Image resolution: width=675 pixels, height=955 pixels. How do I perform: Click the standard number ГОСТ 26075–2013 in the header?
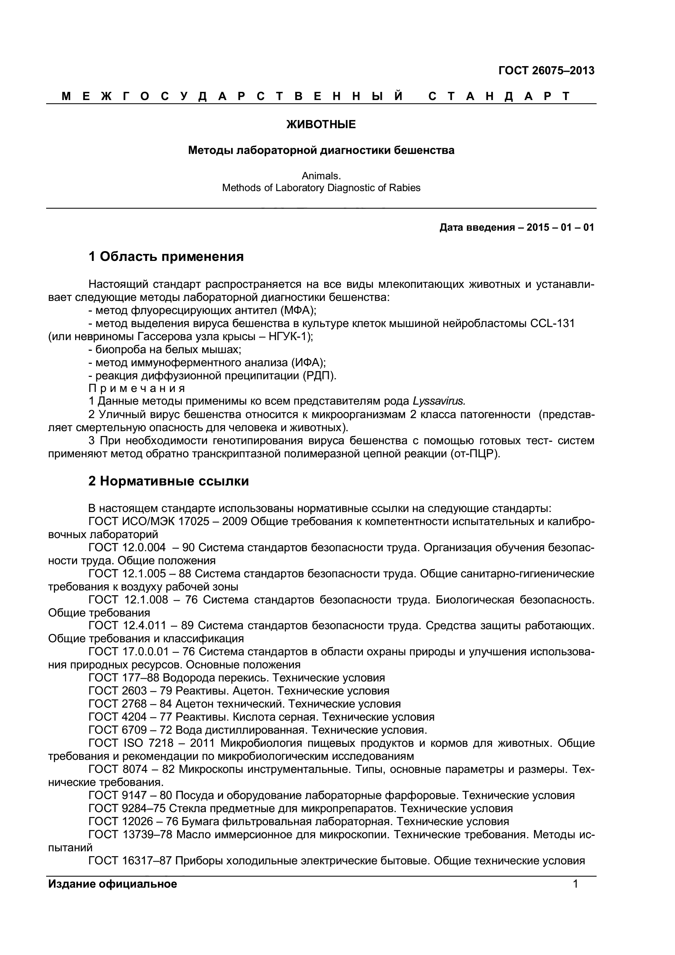click(x=546, y=71)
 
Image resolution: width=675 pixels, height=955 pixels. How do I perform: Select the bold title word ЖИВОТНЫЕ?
click(x=321, y=125)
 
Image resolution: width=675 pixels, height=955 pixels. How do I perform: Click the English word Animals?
click(x=321, y=176)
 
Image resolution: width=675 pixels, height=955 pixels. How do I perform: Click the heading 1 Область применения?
click(x=166, y=257)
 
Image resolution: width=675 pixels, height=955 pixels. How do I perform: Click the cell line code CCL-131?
click(x=552, y=323)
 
